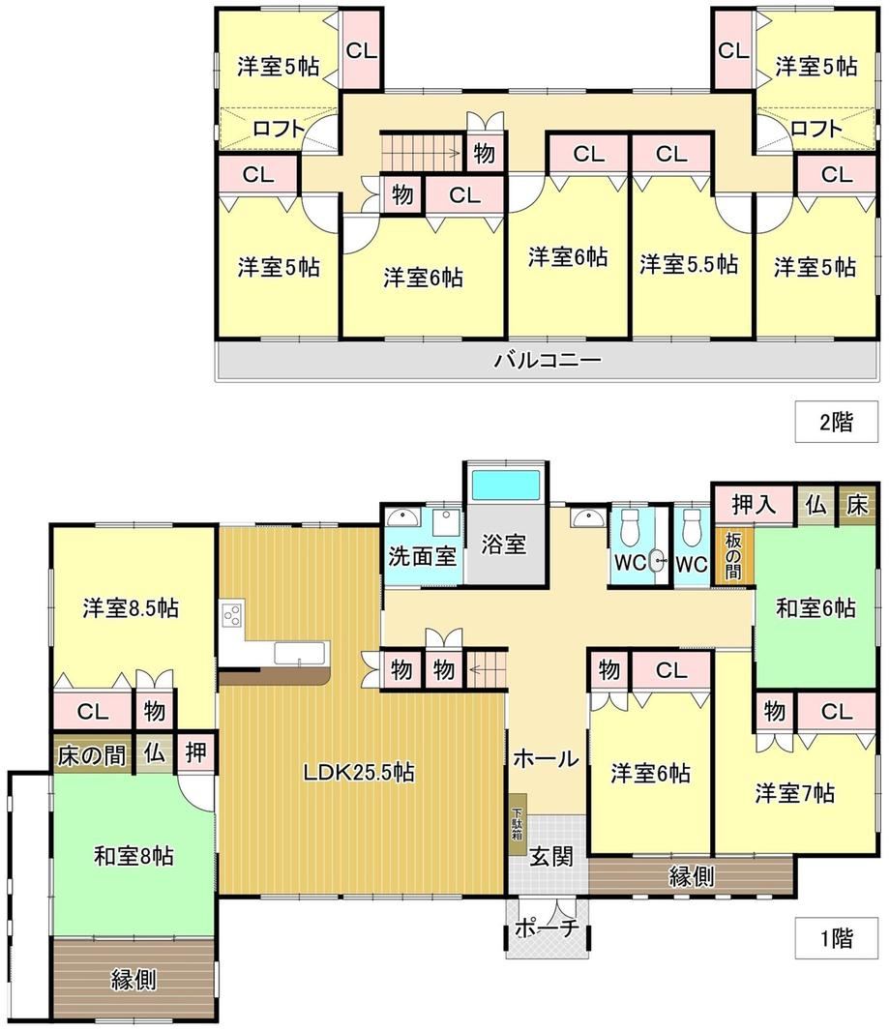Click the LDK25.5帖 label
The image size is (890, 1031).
[359, 772]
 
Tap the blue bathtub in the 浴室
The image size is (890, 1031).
[505, 486]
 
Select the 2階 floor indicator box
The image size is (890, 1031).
[836, 422]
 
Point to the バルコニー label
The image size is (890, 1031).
[548, 360]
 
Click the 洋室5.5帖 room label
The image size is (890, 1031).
[689, 264]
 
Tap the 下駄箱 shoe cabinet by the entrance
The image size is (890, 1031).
[517, 822]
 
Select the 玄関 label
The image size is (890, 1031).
[551, 856]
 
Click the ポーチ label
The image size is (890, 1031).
[547, 928]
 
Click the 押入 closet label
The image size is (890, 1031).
[754, 504]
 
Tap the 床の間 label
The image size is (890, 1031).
[92, 754]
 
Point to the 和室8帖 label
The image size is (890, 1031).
[133, 856]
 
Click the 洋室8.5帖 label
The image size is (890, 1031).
[131, 607]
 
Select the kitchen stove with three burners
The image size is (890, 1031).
[232, 615]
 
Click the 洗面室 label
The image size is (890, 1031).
[422, 556]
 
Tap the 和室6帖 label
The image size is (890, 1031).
[816, 607]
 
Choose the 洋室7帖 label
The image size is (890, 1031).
[795, 793]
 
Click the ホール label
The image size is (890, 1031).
[546, 758]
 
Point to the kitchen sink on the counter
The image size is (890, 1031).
[299, 654]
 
